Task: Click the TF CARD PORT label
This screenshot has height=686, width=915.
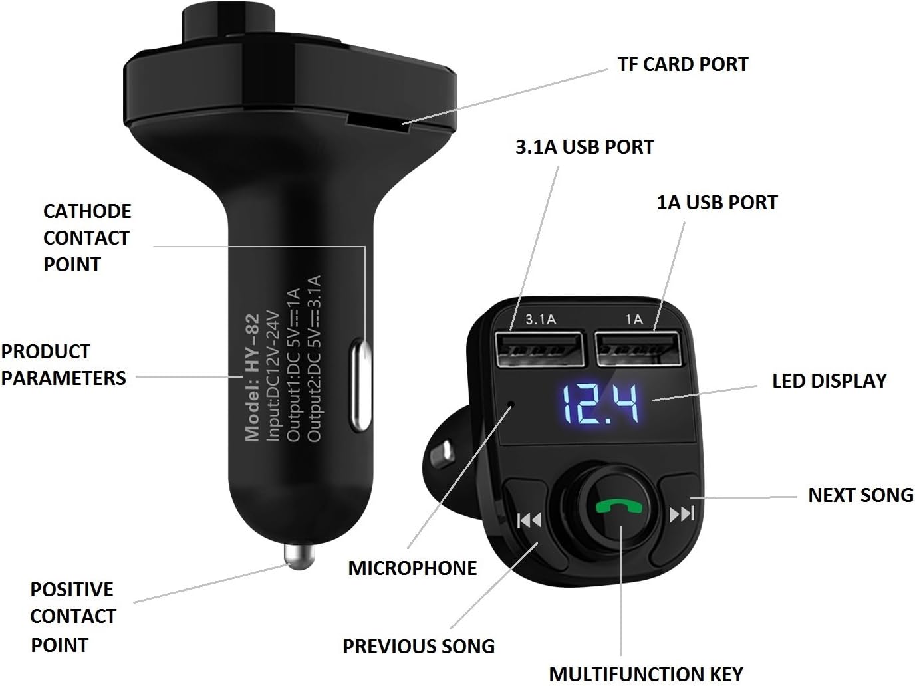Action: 683,64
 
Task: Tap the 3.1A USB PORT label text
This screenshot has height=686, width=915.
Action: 585,147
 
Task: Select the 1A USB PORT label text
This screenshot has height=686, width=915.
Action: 717,203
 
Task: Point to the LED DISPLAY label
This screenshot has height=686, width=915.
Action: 829,381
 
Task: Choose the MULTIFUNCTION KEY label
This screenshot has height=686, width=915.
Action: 646,674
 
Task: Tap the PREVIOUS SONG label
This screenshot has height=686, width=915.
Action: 418,646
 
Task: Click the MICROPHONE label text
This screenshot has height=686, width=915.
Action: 412,568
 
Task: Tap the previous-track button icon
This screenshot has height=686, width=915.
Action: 529,520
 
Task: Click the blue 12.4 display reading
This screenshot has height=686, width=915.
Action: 600,404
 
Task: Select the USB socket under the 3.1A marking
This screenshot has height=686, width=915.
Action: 539,349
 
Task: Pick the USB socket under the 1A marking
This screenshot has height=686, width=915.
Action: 640,348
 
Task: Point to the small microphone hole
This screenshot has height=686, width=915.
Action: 511,404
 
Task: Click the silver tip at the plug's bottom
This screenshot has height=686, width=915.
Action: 299,556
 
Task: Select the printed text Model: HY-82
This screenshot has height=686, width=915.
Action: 252,378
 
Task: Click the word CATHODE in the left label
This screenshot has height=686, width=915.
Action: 87,211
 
